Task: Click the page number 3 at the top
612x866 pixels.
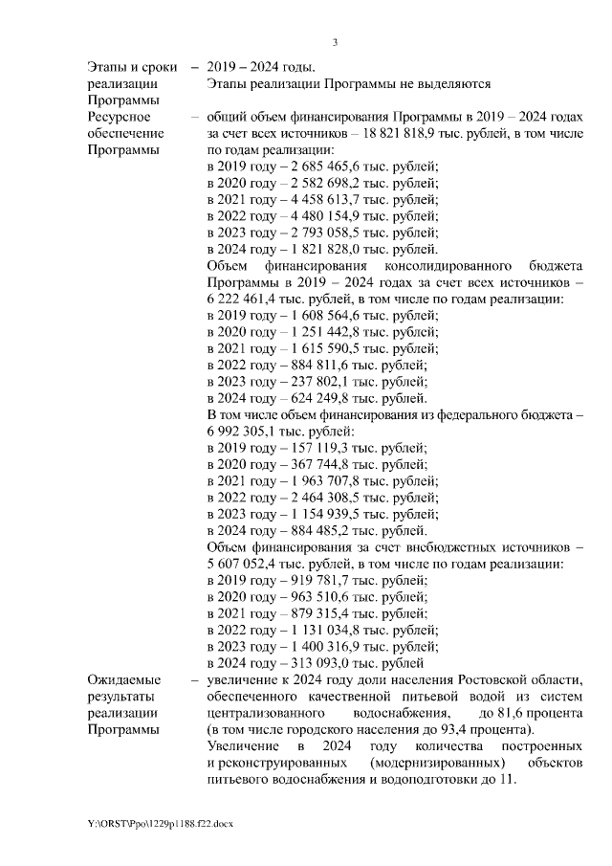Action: (x=335, y=41)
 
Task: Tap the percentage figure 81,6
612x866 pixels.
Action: (x=511, y=713)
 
